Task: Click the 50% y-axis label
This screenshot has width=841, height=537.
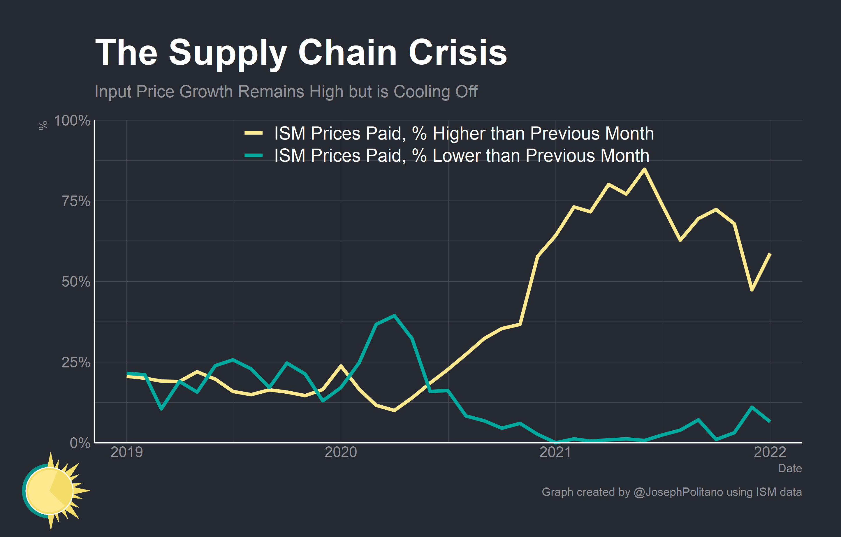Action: point(76,282)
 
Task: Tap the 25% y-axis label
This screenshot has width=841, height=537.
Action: point(76,362)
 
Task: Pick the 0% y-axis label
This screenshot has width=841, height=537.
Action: point(80,443)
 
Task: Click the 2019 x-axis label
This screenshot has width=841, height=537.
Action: point(126,452)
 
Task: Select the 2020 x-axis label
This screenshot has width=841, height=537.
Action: point(341,452)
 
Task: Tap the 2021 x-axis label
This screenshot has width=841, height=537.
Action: point(555,452)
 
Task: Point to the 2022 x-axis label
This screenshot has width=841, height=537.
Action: point(770,452)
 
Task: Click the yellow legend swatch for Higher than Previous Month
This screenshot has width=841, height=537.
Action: point(253,133)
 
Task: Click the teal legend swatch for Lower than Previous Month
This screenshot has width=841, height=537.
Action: point(253,155)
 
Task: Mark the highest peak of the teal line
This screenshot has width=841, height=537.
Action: point(394,316)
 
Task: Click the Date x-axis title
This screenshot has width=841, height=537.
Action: point(790,468)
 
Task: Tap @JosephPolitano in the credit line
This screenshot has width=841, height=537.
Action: point(678,492)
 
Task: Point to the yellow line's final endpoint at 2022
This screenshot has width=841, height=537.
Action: point(770,254)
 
